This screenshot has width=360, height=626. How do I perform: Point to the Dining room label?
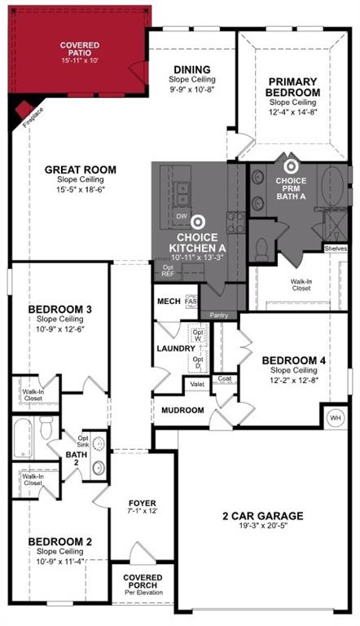[x=191, y=70]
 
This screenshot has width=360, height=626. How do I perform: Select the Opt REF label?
[x=168, y=271]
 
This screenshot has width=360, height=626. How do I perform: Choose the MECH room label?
[x=168, y=301]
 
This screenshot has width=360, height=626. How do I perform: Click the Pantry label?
[x=218, y=315]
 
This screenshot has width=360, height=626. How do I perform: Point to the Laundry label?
[x=175, y=349]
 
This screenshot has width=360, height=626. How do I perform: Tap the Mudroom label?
[x=182, y=410]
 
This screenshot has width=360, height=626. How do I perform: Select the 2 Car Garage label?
[x=262, y=515]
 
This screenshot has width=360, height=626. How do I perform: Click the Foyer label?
[x=143, y=503]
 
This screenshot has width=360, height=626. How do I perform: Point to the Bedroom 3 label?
[x=60, y=309]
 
